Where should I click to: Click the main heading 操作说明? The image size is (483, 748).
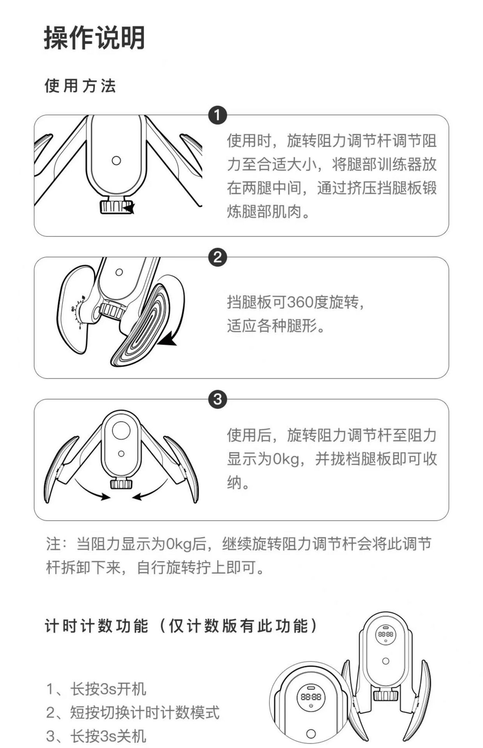coord(94,38)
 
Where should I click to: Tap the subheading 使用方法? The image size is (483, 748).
coord(80,86)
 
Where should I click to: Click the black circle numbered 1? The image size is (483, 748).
coord(218,115)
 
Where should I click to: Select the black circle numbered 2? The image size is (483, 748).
coord(218,257)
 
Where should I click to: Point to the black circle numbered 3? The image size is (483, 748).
coord(218,400)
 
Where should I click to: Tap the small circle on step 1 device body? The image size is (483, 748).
coord(116,160)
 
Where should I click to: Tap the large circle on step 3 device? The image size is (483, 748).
coord(121,430)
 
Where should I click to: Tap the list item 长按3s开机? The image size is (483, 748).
coord(96,689)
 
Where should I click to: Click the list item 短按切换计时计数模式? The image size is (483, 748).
coord(133,712)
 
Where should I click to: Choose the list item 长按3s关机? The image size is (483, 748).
coord(96,736)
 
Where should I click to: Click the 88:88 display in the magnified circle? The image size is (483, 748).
coord(311,697)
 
